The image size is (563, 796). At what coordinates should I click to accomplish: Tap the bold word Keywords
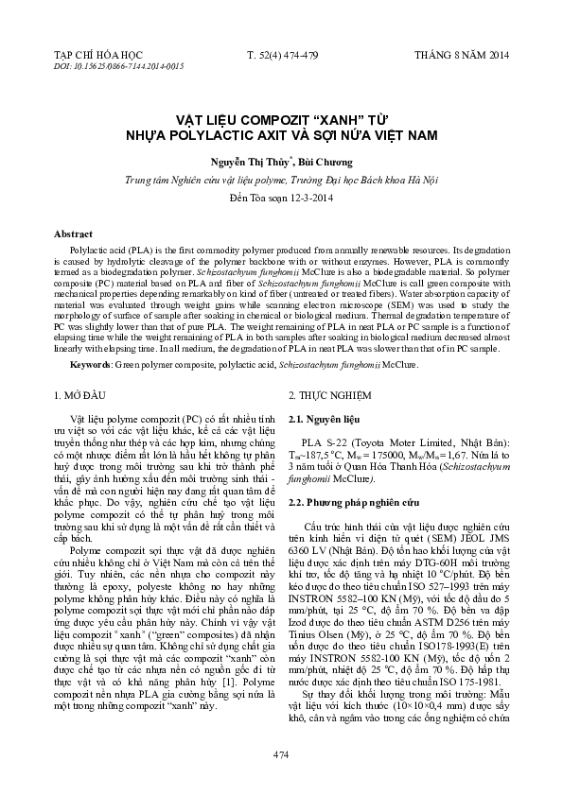(97, 363)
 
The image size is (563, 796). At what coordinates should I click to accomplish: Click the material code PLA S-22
(325, 442)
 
